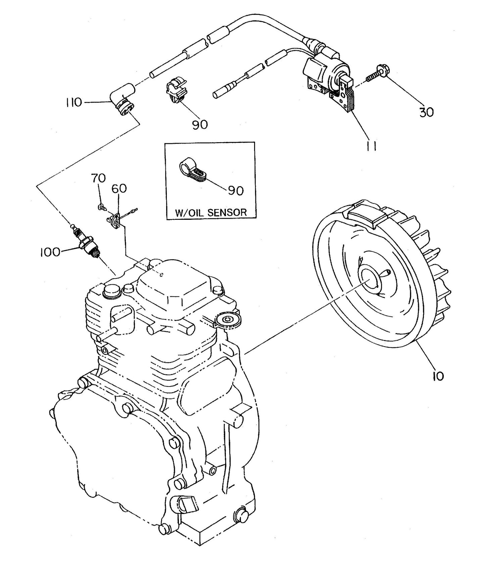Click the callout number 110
(73, 102)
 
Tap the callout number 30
(426, 112)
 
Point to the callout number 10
(438, 375)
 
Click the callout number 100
(50, 252)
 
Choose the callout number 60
(119, 189)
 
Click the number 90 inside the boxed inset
(236, 191)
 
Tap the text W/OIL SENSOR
(211, 212)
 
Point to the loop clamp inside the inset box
(191, 168)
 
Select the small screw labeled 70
(101, 207)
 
